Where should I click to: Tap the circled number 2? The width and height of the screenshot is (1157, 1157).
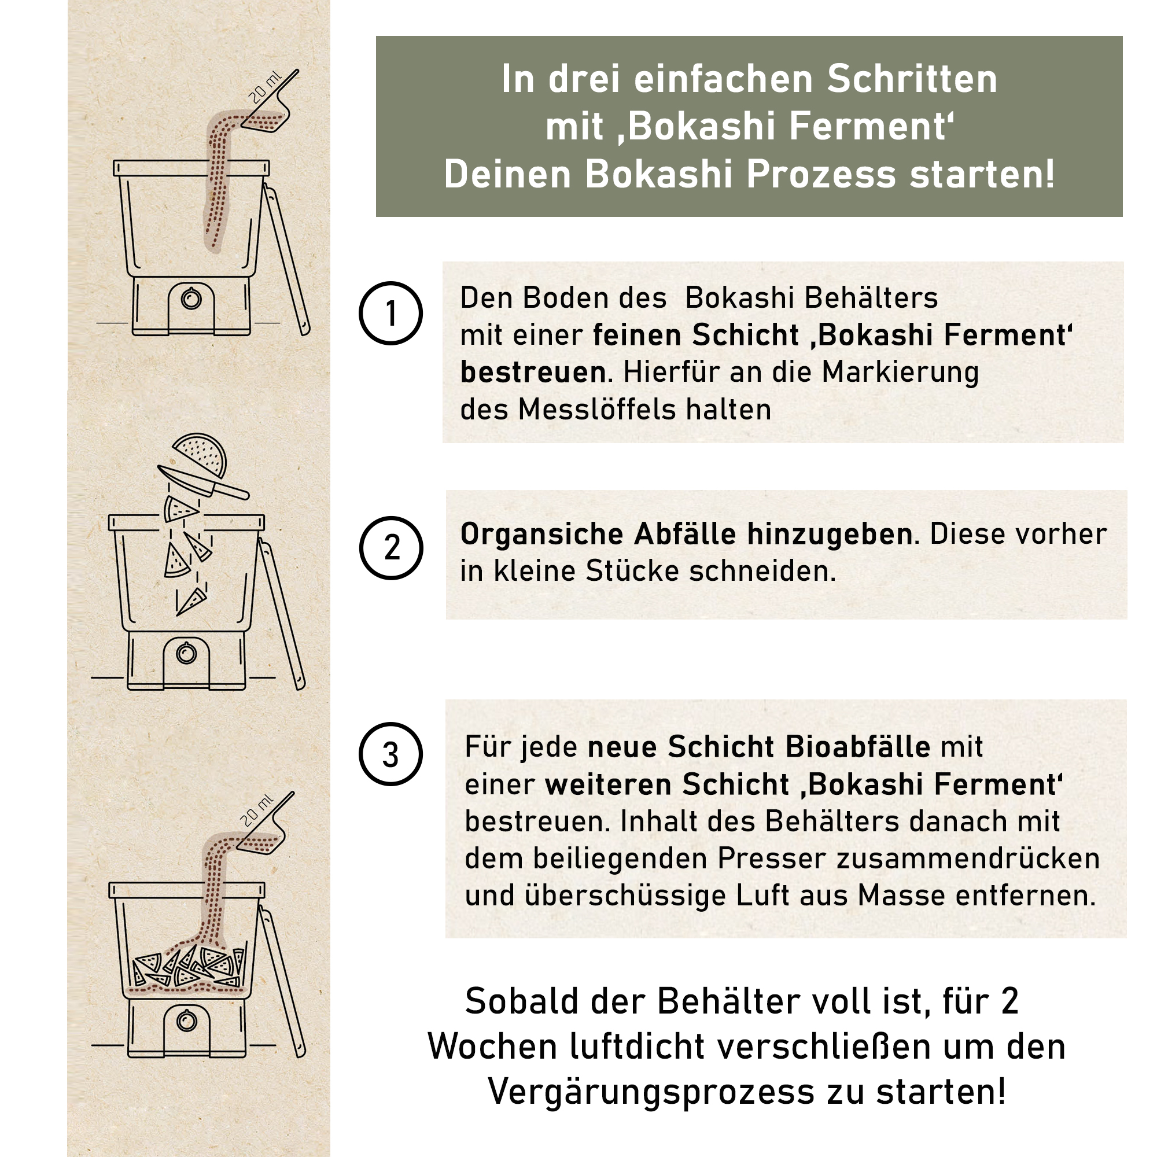coord(391,548)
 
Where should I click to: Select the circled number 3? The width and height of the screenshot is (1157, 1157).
coord(390,754)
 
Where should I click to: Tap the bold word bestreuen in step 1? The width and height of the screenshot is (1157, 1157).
coord(533,372)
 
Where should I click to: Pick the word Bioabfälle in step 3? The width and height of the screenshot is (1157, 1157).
coord(857,747)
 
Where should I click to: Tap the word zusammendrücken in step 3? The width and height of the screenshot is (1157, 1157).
coord(968,858)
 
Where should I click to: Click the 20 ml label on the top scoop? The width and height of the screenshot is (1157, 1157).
coord(265,87)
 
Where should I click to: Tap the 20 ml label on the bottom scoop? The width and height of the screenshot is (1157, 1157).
coord(256,811)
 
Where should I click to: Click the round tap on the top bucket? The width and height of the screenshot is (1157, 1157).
coord(191,299)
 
